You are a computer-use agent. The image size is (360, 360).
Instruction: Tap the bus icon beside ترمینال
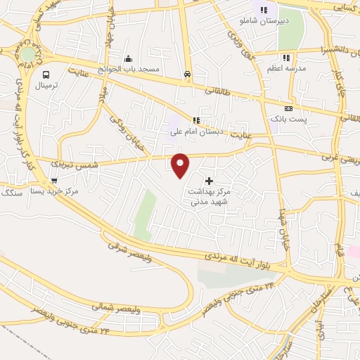click(46, 74)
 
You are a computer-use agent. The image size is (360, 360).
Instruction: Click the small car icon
click(187, 74)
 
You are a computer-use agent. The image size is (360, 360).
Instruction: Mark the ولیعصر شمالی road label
click(111, 307)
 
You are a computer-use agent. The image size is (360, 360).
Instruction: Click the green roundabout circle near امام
click(28, 54)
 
